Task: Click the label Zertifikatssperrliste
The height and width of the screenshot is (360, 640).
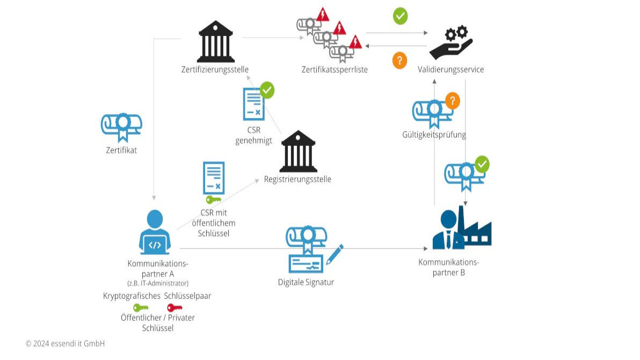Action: tap(334, 69)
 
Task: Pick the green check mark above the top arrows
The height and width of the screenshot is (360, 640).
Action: tap(400, 16)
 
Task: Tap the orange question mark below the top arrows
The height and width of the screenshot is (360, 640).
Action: tap(399, 60)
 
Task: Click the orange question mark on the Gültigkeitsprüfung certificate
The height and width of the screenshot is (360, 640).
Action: tap(453, 100)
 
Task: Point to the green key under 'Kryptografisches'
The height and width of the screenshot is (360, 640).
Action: tap(141, 307)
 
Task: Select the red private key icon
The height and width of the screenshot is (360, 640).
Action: tap(174, 307)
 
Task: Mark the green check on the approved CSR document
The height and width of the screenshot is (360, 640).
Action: tap(267, 90)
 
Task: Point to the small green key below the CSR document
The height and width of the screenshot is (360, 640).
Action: tap(213, 200)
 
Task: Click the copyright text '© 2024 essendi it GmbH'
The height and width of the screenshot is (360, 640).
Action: tap(65, 343)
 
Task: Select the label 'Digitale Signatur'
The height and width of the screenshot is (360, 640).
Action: tap(306, 282)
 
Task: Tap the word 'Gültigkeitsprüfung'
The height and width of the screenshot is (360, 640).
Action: tap(434, 135)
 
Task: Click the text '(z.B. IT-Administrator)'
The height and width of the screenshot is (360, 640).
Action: tap(158, 283)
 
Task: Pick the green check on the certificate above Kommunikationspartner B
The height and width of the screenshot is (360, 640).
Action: tap(482, 164)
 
